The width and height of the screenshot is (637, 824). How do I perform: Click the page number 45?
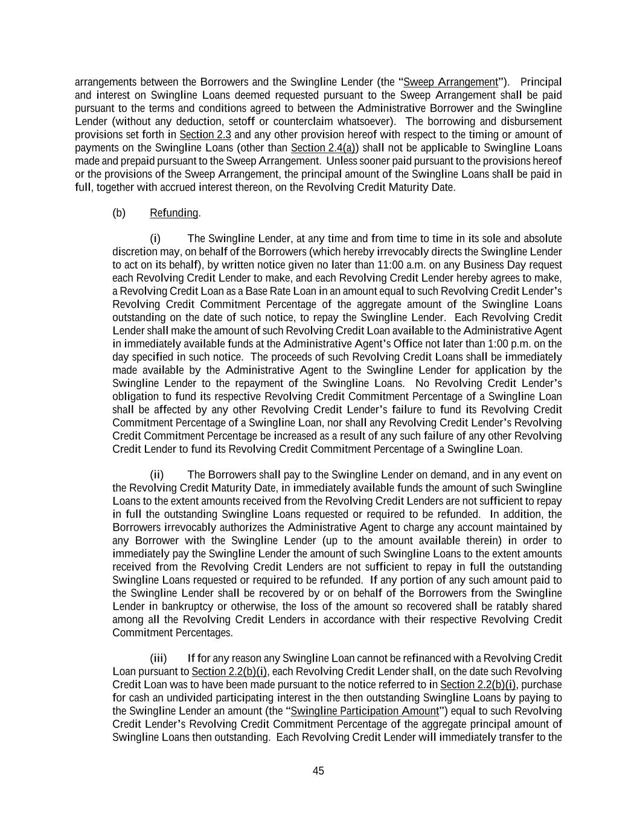318,771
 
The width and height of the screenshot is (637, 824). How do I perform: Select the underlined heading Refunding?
174,213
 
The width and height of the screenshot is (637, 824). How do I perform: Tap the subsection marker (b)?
119,213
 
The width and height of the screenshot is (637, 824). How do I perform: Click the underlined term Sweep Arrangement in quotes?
450,82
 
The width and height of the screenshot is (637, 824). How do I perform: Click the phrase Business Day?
534,265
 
